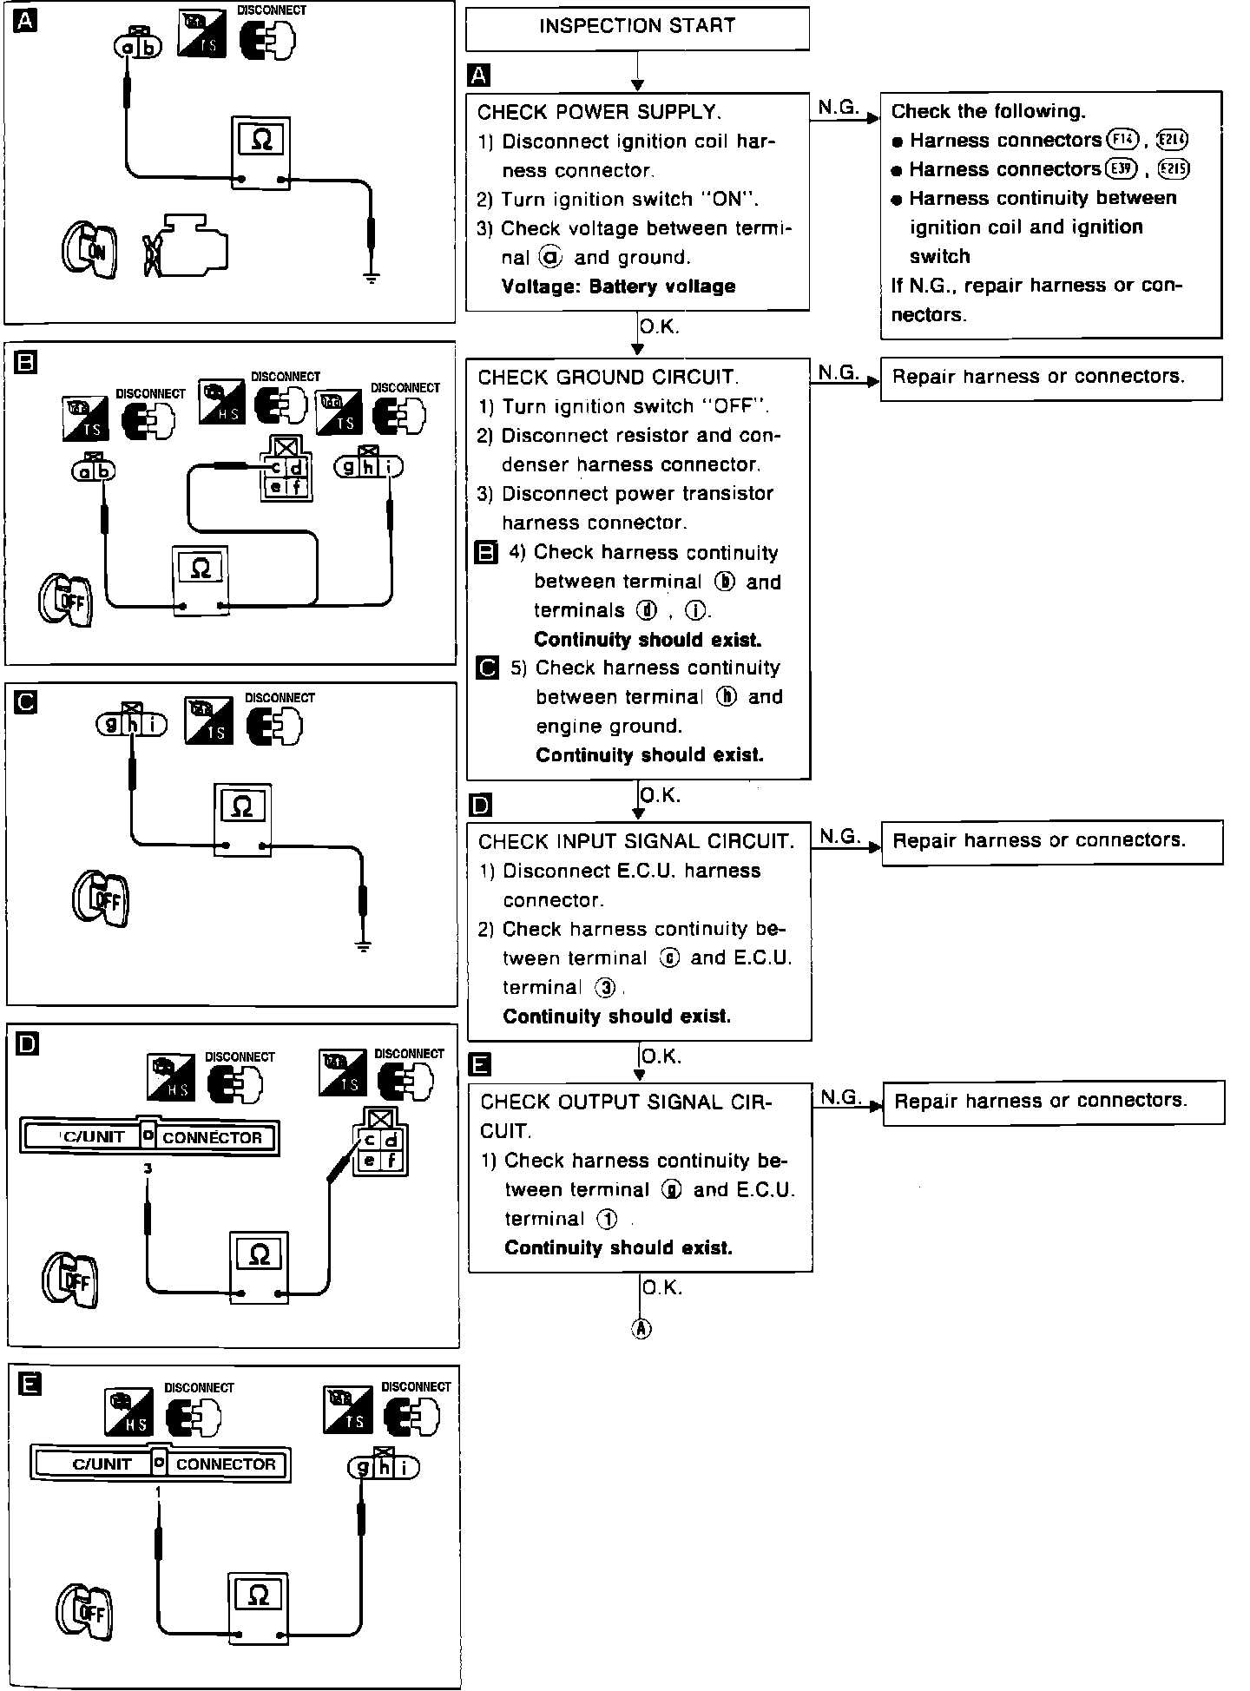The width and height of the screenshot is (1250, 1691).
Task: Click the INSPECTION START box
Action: click(x=637, y=28)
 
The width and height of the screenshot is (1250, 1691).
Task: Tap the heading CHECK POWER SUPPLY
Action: click(x=599, y=112)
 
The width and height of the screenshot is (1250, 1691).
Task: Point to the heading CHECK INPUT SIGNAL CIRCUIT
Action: click(x=635, y=841)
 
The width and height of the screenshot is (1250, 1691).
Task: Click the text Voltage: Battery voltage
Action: click(x=618, y=286)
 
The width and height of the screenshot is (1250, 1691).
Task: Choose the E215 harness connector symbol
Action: click(x=1174, y=169)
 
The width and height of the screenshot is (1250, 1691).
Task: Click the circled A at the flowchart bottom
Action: click(x=641, y=1328)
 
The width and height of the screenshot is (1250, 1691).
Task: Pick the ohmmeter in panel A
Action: click(x=260, y=152)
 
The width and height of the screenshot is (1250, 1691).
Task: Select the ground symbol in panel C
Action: click(x=363, y=946)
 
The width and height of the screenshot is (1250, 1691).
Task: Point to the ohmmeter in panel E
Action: click(x=258, y=1607)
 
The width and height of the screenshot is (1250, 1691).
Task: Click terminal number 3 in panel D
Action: click(x=148, y=1168)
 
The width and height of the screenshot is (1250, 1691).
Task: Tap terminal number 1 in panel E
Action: click(x=157, y=1490)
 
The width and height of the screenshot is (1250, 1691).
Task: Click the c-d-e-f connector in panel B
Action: click(x=287, y=476)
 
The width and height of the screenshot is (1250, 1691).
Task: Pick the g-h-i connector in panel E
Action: click(x=383, y=1467)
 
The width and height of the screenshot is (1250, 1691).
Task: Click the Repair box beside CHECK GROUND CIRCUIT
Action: click(x=1051, y=378)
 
